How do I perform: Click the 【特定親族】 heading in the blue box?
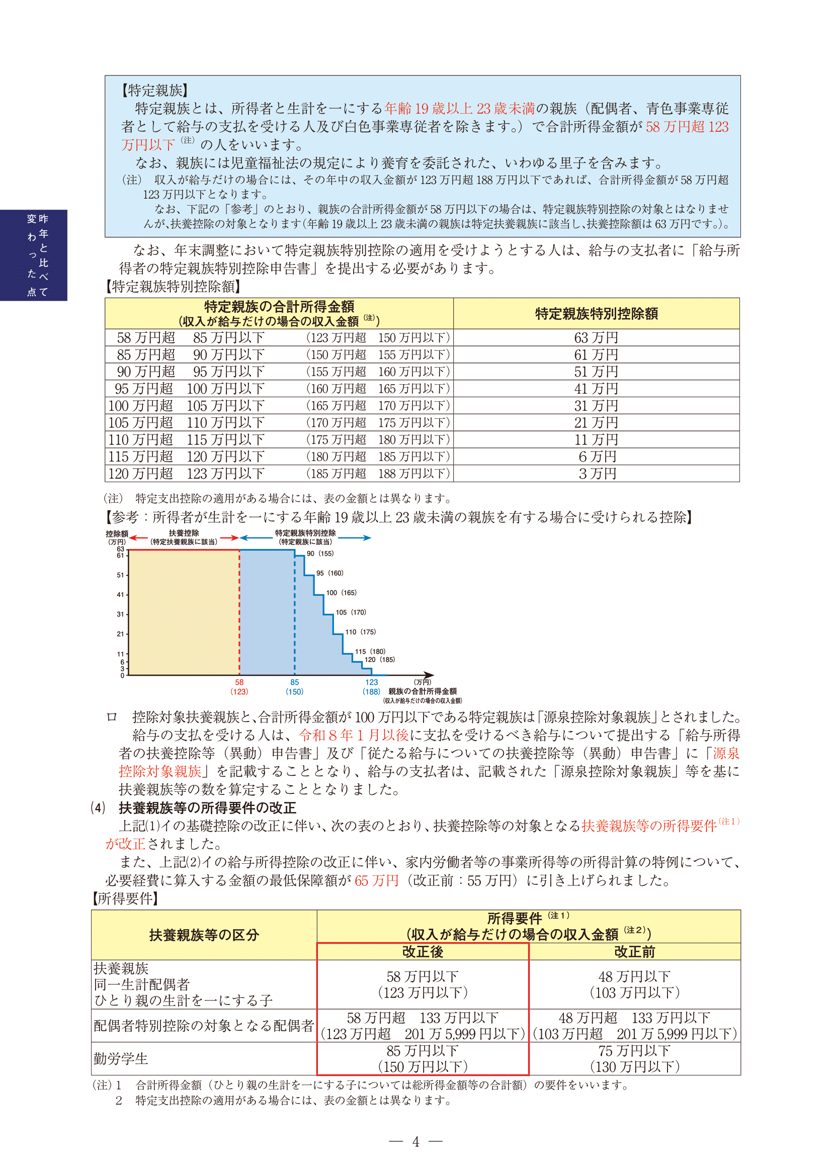click(154, 91)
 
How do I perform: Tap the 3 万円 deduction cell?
click(597, 473)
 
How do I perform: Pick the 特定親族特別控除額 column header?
click(597, 313)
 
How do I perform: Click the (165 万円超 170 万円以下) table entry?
click(378, 406)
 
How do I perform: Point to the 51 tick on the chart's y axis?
click(120, 575)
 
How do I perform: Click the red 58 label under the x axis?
click(239, 682)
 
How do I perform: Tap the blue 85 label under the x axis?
click(295, 682)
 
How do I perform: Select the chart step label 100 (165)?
click(341, 593)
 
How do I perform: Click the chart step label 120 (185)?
click(380, 660)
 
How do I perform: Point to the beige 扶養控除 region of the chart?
click(184, 612)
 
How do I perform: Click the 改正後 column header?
click(423, 951)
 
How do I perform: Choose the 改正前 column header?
click(634, 951)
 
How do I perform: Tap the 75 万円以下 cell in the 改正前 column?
click(634, 1051)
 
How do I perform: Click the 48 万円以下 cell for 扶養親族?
click(634, 977)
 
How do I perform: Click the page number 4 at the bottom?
click(415, 1142)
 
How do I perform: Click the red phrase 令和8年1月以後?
click(354, 736)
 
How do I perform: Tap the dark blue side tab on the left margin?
click(34, 255)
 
